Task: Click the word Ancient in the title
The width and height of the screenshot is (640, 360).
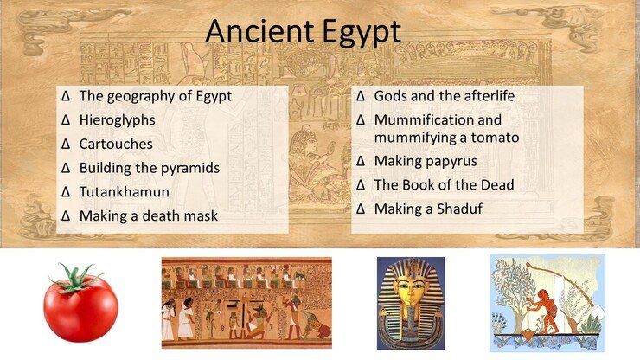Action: point(259,30)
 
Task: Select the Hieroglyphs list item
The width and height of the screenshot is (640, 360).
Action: point(117,120)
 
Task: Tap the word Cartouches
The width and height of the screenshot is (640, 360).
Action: point(116,144)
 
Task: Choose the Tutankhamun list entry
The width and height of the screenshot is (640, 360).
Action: point(124,192)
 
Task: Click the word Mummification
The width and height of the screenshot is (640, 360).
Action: point(419,120)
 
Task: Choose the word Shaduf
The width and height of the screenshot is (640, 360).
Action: point(459,209)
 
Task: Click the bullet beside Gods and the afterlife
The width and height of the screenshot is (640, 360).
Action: point(361,96)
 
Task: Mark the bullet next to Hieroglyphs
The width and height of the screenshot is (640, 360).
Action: point(66,120)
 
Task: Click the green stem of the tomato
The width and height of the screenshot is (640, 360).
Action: point(74,280)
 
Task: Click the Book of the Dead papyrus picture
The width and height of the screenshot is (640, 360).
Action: point(246,303)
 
